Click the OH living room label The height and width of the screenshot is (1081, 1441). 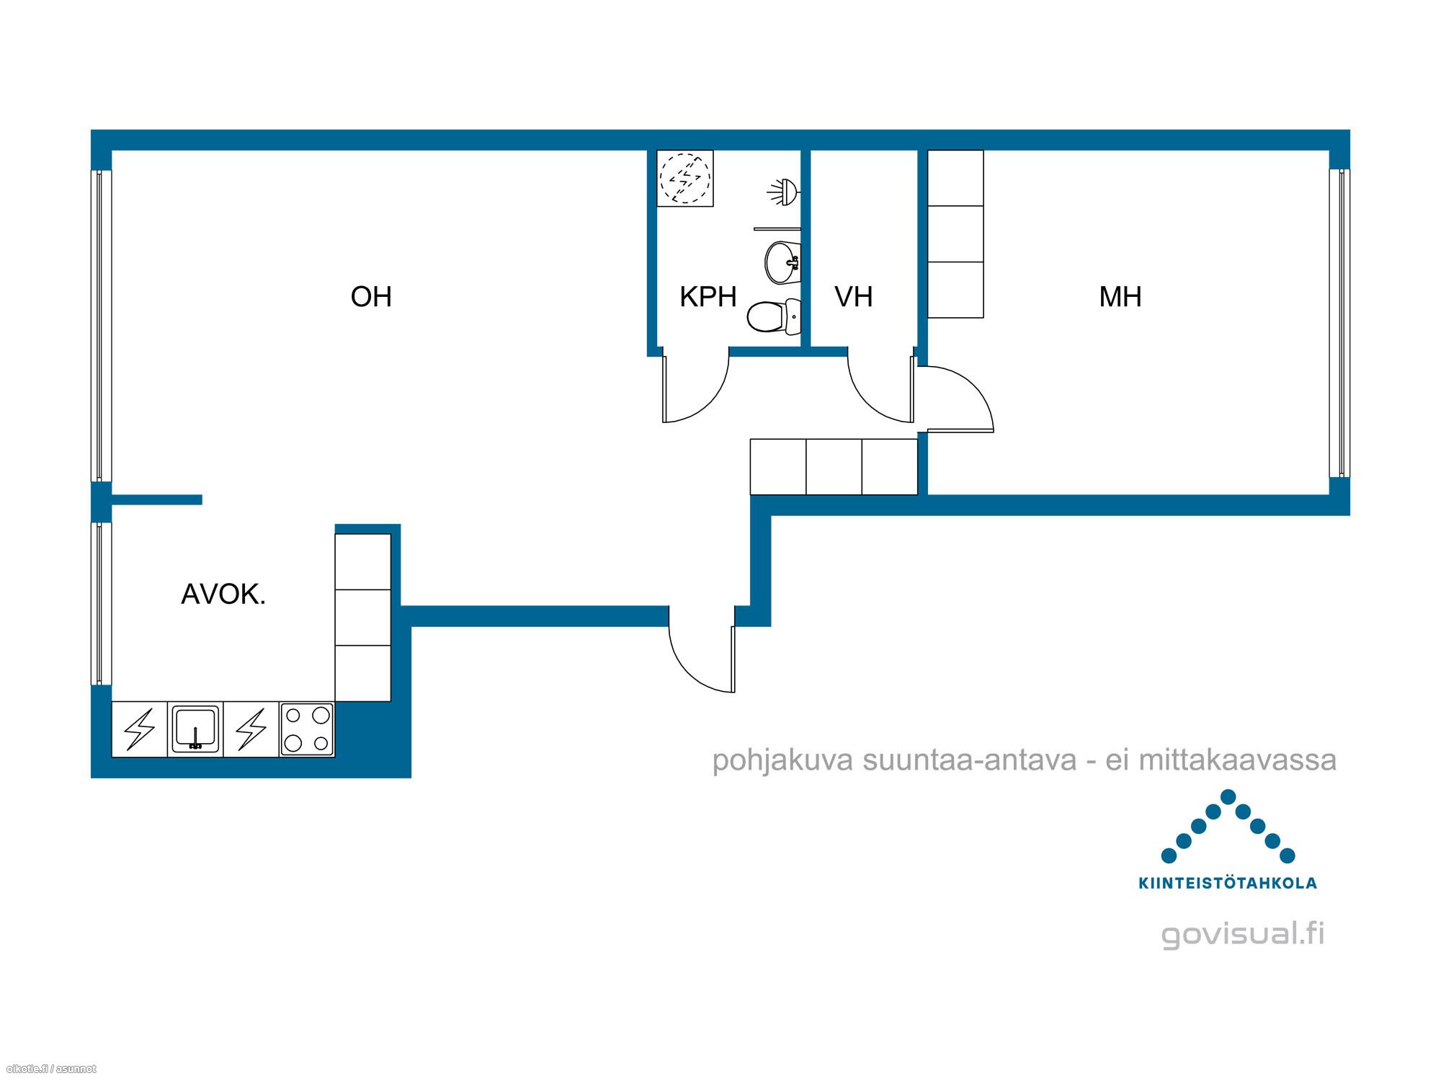click(371, 297)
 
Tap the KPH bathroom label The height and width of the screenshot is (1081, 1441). click(708, 297)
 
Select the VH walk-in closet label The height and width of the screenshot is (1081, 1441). click(854, 297)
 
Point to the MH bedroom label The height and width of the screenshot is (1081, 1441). click(1120, 297)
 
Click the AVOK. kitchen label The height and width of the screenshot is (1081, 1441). click(223, 595)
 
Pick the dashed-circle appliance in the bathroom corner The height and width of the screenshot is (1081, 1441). click(685, 178)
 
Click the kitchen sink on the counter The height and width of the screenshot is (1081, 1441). click(195, 729)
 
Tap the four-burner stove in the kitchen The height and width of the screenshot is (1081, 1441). click(307, 729)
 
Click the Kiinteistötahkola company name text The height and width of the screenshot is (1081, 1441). click(1228, 883)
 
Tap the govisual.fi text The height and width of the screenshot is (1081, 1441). click(1243, 934)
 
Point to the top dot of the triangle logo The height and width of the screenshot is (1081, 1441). click(1228, 796)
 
